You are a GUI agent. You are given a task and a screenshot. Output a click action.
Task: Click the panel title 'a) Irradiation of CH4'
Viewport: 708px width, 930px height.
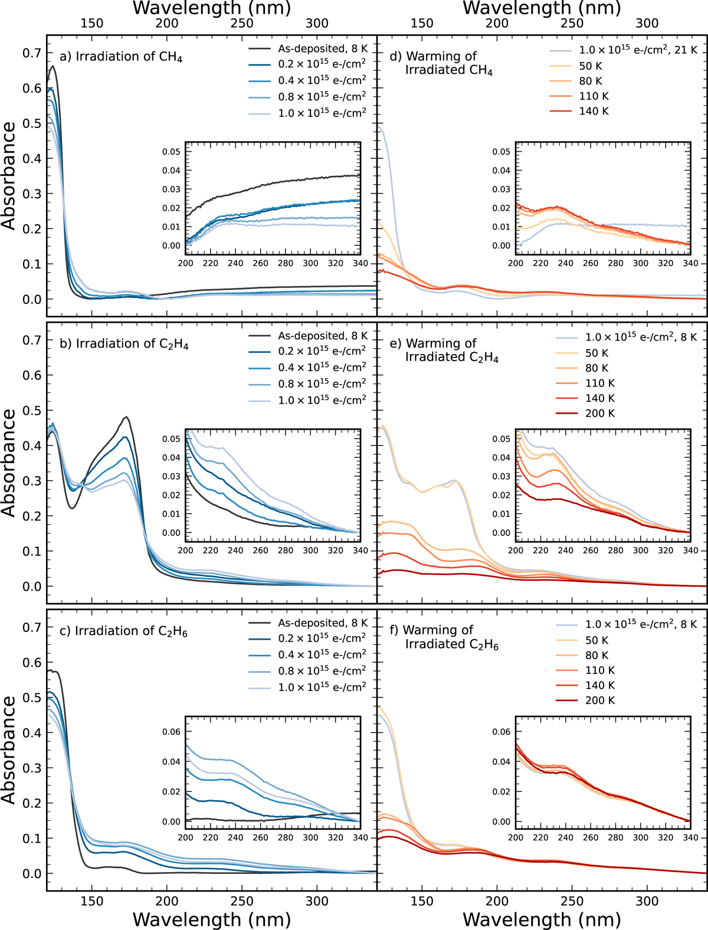(x=121, y=57)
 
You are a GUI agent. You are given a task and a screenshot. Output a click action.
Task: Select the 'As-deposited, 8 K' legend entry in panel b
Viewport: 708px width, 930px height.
(x=322, y=336)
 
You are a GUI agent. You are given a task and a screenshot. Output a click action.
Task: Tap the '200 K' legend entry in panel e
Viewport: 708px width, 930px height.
(x=599, y=413)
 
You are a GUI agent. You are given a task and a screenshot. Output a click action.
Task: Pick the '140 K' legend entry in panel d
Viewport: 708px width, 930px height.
(x=594, y=111)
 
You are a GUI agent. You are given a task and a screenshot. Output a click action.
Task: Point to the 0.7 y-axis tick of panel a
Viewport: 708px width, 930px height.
(x=32, y=53)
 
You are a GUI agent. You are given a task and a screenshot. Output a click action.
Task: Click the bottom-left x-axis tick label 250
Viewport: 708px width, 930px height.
(x=242, y=901)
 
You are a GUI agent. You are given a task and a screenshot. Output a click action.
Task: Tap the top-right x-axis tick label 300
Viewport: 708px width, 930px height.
(x=647, y=23)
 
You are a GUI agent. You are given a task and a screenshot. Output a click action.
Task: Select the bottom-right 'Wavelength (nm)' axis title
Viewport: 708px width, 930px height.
(x=542, y=919)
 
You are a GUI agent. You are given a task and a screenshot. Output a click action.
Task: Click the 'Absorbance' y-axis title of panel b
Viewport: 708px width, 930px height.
(x=9, y=463)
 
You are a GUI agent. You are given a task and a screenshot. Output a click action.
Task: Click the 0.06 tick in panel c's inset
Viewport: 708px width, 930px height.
(x=172, y=732)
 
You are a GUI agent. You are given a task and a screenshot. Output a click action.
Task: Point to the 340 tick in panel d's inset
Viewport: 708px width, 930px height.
(x=690, y=263)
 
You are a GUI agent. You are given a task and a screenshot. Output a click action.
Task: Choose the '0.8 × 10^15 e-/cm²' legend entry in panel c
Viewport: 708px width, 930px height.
(x=322, y=671)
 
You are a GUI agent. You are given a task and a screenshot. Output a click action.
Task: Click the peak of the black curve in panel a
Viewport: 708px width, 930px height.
(x=53, y=66)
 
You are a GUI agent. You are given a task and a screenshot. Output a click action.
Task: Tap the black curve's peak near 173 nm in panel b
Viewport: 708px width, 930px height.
(x=126, y=417)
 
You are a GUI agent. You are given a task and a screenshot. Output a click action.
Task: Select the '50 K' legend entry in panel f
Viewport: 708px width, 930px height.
(x=596, y=640)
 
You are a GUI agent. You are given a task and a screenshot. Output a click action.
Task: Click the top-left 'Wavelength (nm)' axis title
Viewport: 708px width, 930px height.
(x=212, y=8)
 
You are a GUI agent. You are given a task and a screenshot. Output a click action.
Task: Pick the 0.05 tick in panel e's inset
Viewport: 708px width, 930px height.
(x=501, y=439)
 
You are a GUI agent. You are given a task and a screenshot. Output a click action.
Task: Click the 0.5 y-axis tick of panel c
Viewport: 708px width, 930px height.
(x=32, y=697)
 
